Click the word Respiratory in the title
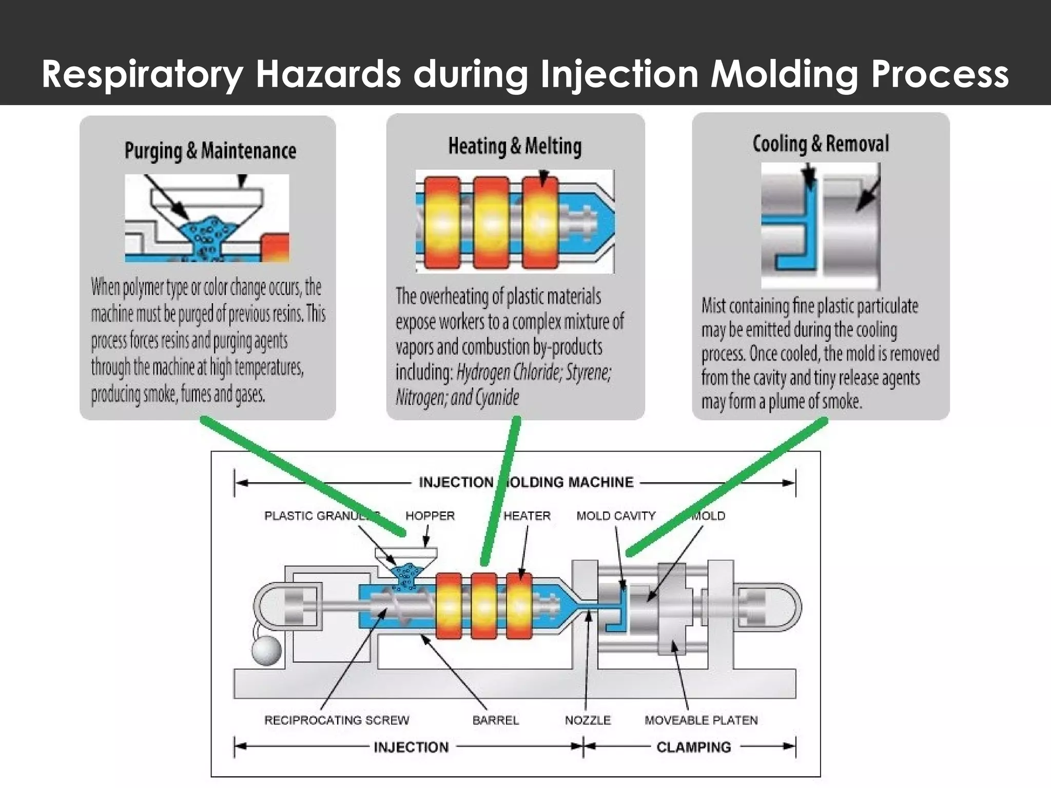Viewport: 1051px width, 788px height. click(142, 75)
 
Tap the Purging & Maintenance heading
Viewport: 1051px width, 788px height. click(210, 151)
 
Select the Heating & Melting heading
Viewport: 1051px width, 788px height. click(515, 146)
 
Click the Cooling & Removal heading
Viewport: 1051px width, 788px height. click(820, 144)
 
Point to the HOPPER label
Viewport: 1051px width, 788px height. click(430, 516)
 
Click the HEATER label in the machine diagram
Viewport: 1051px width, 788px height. click(527, 516)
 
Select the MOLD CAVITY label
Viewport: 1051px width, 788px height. click(615, 516)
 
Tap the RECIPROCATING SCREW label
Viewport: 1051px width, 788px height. click(337, 720)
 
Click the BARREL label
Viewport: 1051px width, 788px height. click(495, 720)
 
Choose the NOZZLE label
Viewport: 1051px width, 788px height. click(588, 720)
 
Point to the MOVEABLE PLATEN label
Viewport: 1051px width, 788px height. click(701, 720)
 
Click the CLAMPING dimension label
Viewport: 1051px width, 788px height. click(693, 747)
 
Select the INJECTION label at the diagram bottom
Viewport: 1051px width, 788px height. click(411, 747)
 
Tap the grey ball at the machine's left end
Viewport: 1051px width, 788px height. click(266, 651)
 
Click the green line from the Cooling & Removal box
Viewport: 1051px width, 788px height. click(729, 485)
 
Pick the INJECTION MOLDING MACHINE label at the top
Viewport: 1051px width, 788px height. click(526, 482)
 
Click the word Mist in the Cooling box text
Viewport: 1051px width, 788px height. click(714, 306)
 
